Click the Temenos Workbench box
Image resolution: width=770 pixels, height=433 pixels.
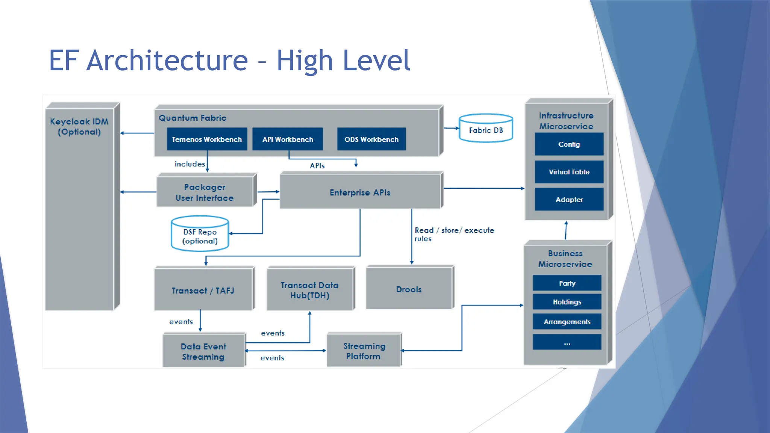[207, 139]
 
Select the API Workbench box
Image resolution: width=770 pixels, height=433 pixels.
[288, 139]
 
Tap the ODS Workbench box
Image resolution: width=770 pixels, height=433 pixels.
[371, 139]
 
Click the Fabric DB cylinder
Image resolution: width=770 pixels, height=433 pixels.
[486, 128]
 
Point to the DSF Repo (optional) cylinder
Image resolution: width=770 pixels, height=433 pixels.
[200, 233]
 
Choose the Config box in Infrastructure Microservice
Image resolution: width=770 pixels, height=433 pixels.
[569, 144]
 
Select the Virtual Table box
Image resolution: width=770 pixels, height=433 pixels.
[569, 172]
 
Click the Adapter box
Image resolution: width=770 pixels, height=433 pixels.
[569, 199]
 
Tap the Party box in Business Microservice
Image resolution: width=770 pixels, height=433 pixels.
[567, 283]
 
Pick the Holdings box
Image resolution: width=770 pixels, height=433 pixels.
[567, 302]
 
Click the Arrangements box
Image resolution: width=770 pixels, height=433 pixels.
[567, 322]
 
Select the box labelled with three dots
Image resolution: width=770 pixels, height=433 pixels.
[567, 342]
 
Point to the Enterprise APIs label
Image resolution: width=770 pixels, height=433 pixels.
[360, 192]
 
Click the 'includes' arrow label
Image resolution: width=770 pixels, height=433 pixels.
[190, 164]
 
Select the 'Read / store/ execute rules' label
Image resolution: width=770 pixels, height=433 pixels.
[454, 234]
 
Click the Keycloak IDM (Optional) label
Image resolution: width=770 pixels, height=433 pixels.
[79, 127]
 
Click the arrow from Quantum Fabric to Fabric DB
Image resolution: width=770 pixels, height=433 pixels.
[452, 128]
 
